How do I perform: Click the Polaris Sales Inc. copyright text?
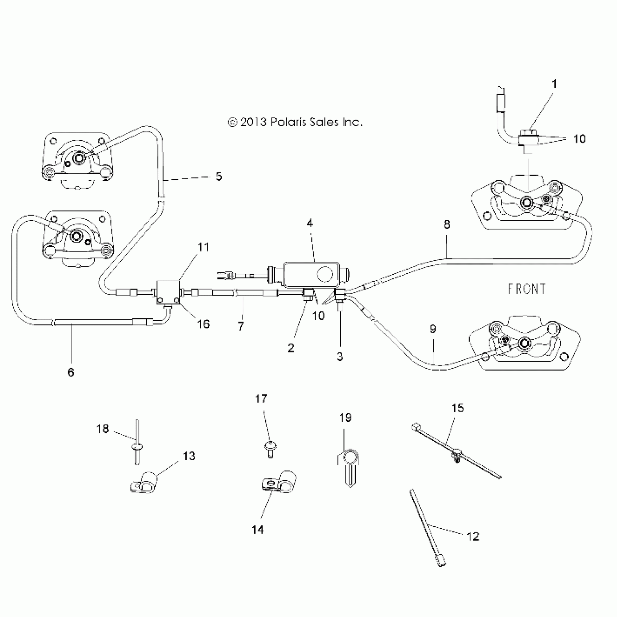pyautogui.click(x=295, y=122)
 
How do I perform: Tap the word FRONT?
pyautogui.click(x=526, y=289)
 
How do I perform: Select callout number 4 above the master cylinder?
pyautogui.click(x=310, y=223)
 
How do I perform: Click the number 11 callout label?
pyautogui.click(x=204, y=247)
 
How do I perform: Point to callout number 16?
pyautogui.click(x=204, y=324)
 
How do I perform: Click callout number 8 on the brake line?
pyautogui.click(x=447, y=225)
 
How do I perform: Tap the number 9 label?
pyautogui.click(x=433, y=329)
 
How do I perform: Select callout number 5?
pyautogui.click(x=218, y=176)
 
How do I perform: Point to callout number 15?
pyautogui.click(x=458, y=408)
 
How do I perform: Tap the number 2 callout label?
pyautogui.click(x=291, y=348)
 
